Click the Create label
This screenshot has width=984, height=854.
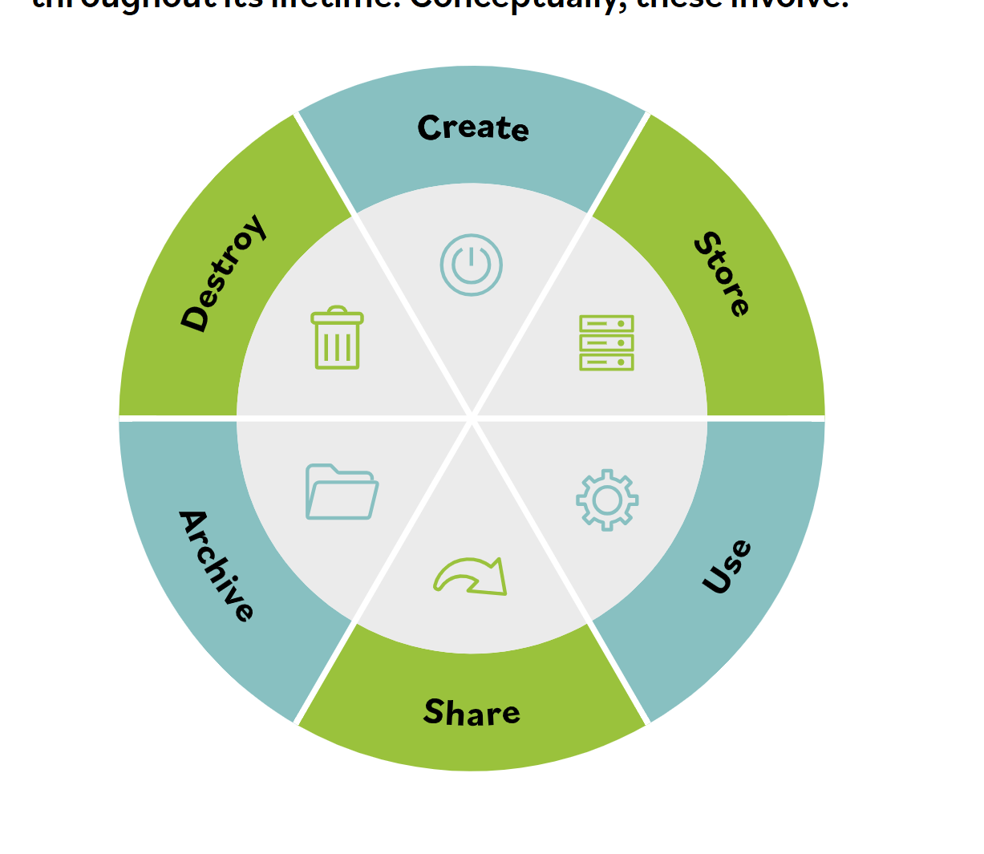(473, 128)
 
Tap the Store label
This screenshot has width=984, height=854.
(723, 274)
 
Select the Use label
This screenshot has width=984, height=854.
(727, 567)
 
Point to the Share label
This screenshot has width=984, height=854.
(472, 712)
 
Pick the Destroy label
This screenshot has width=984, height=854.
(222, 273)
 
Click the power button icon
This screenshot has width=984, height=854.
(472, 265)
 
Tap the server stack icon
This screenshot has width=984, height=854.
(606, 343)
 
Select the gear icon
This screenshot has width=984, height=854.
(607, 500)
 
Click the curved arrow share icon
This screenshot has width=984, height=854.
(472, 577)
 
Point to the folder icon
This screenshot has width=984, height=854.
(342, 492)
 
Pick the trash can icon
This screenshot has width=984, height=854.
(337, 338)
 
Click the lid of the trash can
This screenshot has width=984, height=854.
(337, 316)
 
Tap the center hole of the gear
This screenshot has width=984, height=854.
(607, 500)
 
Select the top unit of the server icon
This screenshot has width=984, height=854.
(606, 324)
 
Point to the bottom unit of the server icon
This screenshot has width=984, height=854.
(606, 362)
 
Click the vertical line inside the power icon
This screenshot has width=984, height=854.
(472, 257)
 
